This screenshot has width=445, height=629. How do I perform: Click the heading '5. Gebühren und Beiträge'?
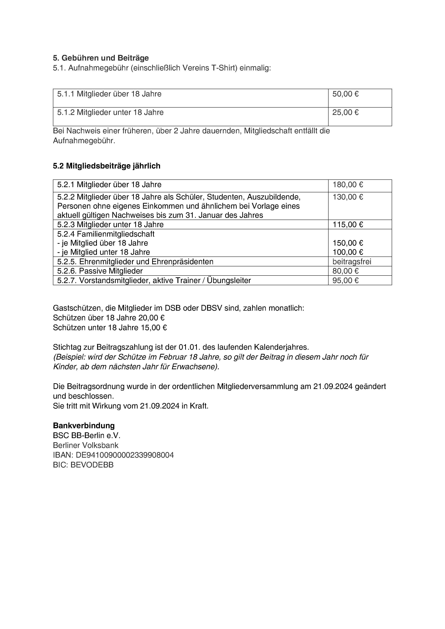101,58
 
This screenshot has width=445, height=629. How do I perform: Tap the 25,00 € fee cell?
345,113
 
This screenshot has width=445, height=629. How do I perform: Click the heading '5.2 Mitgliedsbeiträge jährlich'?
106,166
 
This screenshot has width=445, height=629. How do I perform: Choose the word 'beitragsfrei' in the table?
352,262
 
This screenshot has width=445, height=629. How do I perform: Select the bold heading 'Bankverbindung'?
84,426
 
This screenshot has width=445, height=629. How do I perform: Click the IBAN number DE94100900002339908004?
125,455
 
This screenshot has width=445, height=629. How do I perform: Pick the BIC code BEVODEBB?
92,465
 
